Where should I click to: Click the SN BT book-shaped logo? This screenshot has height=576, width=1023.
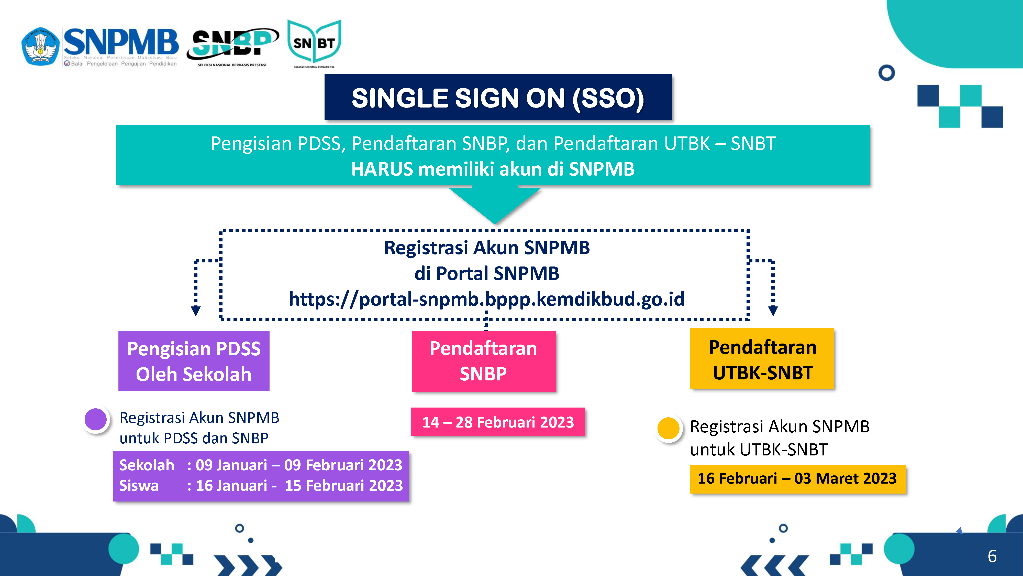[x=314, y=43]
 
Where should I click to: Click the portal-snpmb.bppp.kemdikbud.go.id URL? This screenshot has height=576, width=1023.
[x=486, y=299]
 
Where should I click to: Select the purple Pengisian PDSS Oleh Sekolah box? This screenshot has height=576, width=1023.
[x=194, y=361]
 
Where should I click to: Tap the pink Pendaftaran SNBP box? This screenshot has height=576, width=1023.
[x=484, y=361]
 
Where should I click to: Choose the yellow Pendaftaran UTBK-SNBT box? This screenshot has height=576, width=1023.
[x=762, y=359]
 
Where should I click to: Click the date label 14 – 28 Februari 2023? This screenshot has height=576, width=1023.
[x=498, y=422]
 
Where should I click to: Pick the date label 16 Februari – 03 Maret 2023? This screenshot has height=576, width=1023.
[x=797, y=479]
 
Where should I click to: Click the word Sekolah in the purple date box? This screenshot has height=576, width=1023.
[x=147, y=465]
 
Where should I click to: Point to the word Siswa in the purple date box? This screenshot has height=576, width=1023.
[x=139, y=485]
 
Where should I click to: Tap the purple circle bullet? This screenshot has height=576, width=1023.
[x=96, y=419]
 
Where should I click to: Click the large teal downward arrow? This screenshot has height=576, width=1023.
[x=495, y=205]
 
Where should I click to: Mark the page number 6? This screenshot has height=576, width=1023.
[x=992, y=556]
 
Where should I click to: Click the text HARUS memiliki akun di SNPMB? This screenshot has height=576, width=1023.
[x=493, y=169]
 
